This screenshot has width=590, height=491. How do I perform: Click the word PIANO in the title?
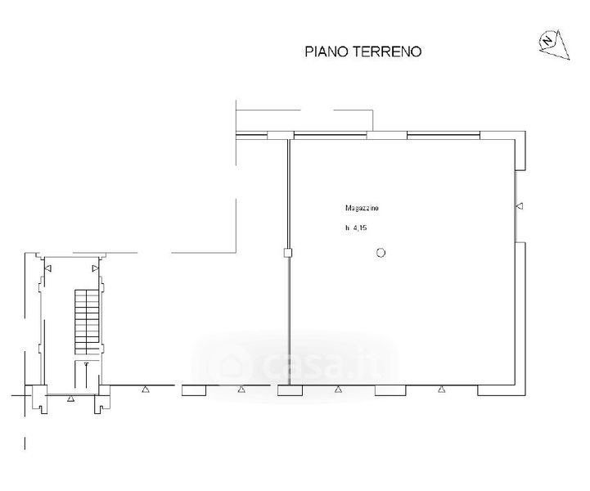pyautogui.click(x=327, y=52)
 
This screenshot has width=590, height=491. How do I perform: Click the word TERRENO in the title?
pyautogui.click(x=386, y=52)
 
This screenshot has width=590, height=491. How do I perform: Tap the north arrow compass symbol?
pyautogui.click(x=555, y=44)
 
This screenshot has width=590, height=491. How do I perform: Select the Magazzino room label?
pyautogui.click(x=362, y=208)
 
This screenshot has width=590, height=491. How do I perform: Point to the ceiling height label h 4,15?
pyautogui.click(x=356, y=227)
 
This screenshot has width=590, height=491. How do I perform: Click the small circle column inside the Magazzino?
pyautogui.click(x=381, y=253)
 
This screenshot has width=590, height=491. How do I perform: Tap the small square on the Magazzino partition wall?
pyautogui.click(x=288, y=253)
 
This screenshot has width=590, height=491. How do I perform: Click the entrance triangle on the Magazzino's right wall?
pyautogui.click(x=520, y=205)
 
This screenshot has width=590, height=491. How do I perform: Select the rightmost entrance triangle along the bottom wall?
pyautogui.click(x=441, y=390)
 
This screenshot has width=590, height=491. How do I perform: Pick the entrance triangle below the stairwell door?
pyautogui.click(x=70, y=399)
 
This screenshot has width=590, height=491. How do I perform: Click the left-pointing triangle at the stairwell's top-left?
pyautogui.click(x=48, y=268)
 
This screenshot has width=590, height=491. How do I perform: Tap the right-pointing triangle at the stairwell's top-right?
pyautogui.click(x=95, y=268)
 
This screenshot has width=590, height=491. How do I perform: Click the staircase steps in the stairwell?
pyautogui.click(x=87, y=322)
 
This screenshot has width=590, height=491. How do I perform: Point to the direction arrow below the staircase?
pyautogui.click(x=87, y=375)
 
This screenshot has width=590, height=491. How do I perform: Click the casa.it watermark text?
pyautogui.click(x=323, y=364)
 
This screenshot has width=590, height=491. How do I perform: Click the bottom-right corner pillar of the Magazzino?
pyautogui.click(x=502, y=390)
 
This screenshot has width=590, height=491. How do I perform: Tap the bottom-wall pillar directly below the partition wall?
pyautogui.click(x=290, y=390)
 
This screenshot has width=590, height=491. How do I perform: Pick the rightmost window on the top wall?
pyautogui.click(x=444, y=136)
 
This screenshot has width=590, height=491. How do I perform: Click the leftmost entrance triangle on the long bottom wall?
pyautogui.click(x=146, y=390)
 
